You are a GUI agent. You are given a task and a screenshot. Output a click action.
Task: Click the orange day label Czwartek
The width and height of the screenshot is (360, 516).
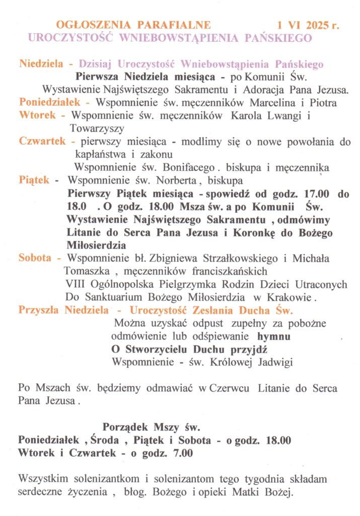(42, 142)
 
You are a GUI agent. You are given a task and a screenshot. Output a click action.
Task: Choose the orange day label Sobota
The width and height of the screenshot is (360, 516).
(35, 259)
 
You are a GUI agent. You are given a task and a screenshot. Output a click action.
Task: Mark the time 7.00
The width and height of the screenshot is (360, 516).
(183, 453)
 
